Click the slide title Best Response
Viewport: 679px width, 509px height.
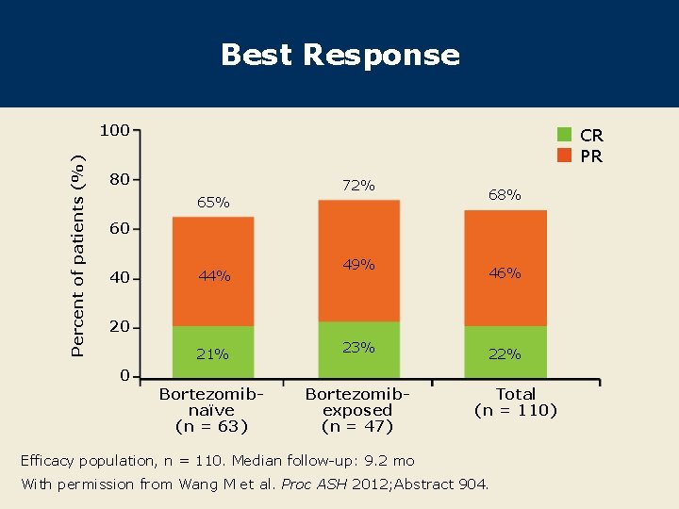[x=339, y=55]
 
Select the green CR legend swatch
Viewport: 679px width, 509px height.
[x=565, y=135]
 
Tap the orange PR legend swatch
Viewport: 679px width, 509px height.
[x=565, y=156]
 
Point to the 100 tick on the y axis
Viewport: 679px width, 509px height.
[x=115, y=130]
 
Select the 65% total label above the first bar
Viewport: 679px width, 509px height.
[x=213, y=202]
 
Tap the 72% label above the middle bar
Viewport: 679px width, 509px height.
[x=358, y=186]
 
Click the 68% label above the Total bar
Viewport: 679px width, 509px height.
[x=505, y=195]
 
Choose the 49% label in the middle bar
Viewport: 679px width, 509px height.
[x=358, y=265]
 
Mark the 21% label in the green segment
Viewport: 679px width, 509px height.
[x=212, y=354]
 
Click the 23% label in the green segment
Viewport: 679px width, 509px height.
[x=358, y=347]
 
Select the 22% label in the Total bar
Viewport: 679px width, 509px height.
[x=505, y=354]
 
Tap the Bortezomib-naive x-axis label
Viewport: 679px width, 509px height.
[x=212, y=410]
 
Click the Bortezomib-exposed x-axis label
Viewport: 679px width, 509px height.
[x=357, y=410]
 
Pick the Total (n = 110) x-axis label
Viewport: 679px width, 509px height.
[x=516, y=402]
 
